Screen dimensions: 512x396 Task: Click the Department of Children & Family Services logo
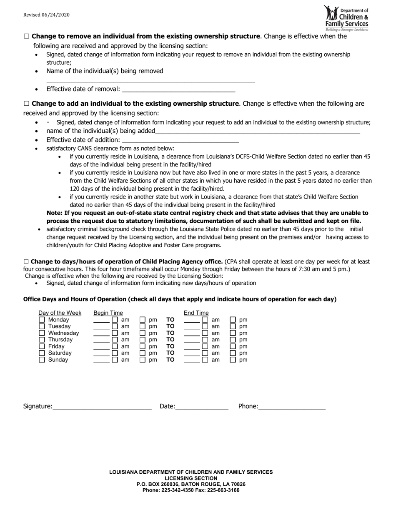pos(346,18)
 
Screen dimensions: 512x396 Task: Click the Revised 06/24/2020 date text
pos(46,15)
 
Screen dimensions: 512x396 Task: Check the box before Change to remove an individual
pos(27,37)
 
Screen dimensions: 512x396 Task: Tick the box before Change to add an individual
pos(27,104)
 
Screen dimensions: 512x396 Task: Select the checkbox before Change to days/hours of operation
pos(26,262)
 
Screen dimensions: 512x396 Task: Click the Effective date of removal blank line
pos(178,89)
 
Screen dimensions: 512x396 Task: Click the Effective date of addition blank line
pos(180,140)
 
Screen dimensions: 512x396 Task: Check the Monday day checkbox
pos(42,320)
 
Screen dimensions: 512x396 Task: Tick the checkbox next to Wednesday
pos(42,333)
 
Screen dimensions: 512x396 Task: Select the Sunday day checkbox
pos(42,360)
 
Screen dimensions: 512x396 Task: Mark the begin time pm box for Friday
pos(143,346)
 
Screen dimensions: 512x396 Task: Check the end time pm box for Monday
pos(233,320)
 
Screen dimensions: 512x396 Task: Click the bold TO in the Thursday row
pos(170,340)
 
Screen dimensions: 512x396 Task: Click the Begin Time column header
pos(108,313)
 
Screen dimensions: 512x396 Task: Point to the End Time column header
pos(196,313)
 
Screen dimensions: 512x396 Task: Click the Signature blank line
pos(102,407)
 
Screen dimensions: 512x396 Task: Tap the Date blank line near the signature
pos(202,407)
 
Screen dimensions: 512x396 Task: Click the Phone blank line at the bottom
pos(292,407)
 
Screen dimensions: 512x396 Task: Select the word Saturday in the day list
pos(60,353)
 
